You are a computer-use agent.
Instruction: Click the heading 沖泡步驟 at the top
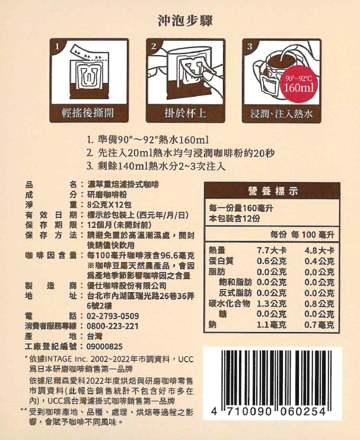[185, 21]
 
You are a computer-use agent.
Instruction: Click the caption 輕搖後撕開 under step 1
[88, 113]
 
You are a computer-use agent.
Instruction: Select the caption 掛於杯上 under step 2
[185, 113]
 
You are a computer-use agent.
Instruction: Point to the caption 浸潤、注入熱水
[282, 114]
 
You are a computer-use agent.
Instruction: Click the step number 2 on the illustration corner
[154, 46]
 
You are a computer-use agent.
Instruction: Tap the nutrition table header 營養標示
[272, 191]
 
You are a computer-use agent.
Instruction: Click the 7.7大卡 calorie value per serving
[271, 250]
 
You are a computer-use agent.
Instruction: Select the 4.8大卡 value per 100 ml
[319, 250]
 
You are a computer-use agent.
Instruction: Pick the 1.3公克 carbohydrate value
[271, 304]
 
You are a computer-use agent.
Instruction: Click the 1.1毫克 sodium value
[271, 325]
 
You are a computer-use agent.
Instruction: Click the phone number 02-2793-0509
[113, 316]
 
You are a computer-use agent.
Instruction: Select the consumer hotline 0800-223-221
[113, 326]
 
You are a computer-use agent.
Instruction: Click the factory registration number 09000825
[104, 347]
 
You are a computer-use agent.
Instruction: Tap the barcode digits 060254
[303, 412]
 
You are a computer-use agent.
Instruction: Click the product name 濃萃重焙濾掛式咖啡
[123, 184]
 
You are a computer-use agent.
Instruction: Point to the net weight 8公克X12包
[109, 205]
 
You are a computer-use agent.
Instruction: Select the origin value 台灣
[94, 336]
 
